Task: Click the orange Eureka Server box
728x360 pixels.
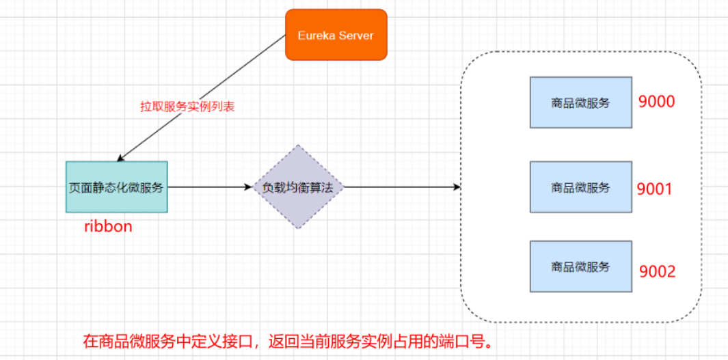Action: [x=336, y=34]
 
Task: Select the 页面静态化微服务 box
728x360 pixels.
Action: [x=117, y=187]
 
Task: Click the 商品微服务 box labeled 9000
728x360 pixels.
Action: [x=580, y=102]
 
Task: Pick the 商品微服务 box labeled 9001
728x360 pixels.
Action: [x=580, y=186]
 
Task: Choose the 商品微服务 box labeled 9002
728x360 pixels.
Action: [x=580, y=266]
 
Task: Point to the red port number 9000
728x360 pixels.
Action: [x=656, y=102]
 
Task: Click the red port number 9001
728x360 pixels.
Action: [x=654, y=189]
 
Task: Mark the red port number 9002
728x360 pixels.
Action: [x=657, y=272]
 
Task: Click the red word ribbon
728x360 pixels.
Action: [x=108, y=227]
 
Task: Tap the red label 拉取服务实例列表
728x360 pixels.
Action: [x=187, y=107]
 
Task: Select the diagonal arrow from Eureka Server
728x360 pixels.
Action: [x=205, y=96]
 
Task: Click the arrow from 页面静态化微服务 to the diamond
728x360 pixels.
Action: [x=208, y=187]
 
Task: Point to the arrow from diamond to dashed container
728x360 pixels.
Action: [x=400, y=187]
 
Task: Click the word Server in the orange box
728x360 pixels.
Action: [x=355, y=35]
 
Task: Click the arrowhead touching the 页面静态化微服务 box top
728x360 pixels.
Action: [x=122, y=157]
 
